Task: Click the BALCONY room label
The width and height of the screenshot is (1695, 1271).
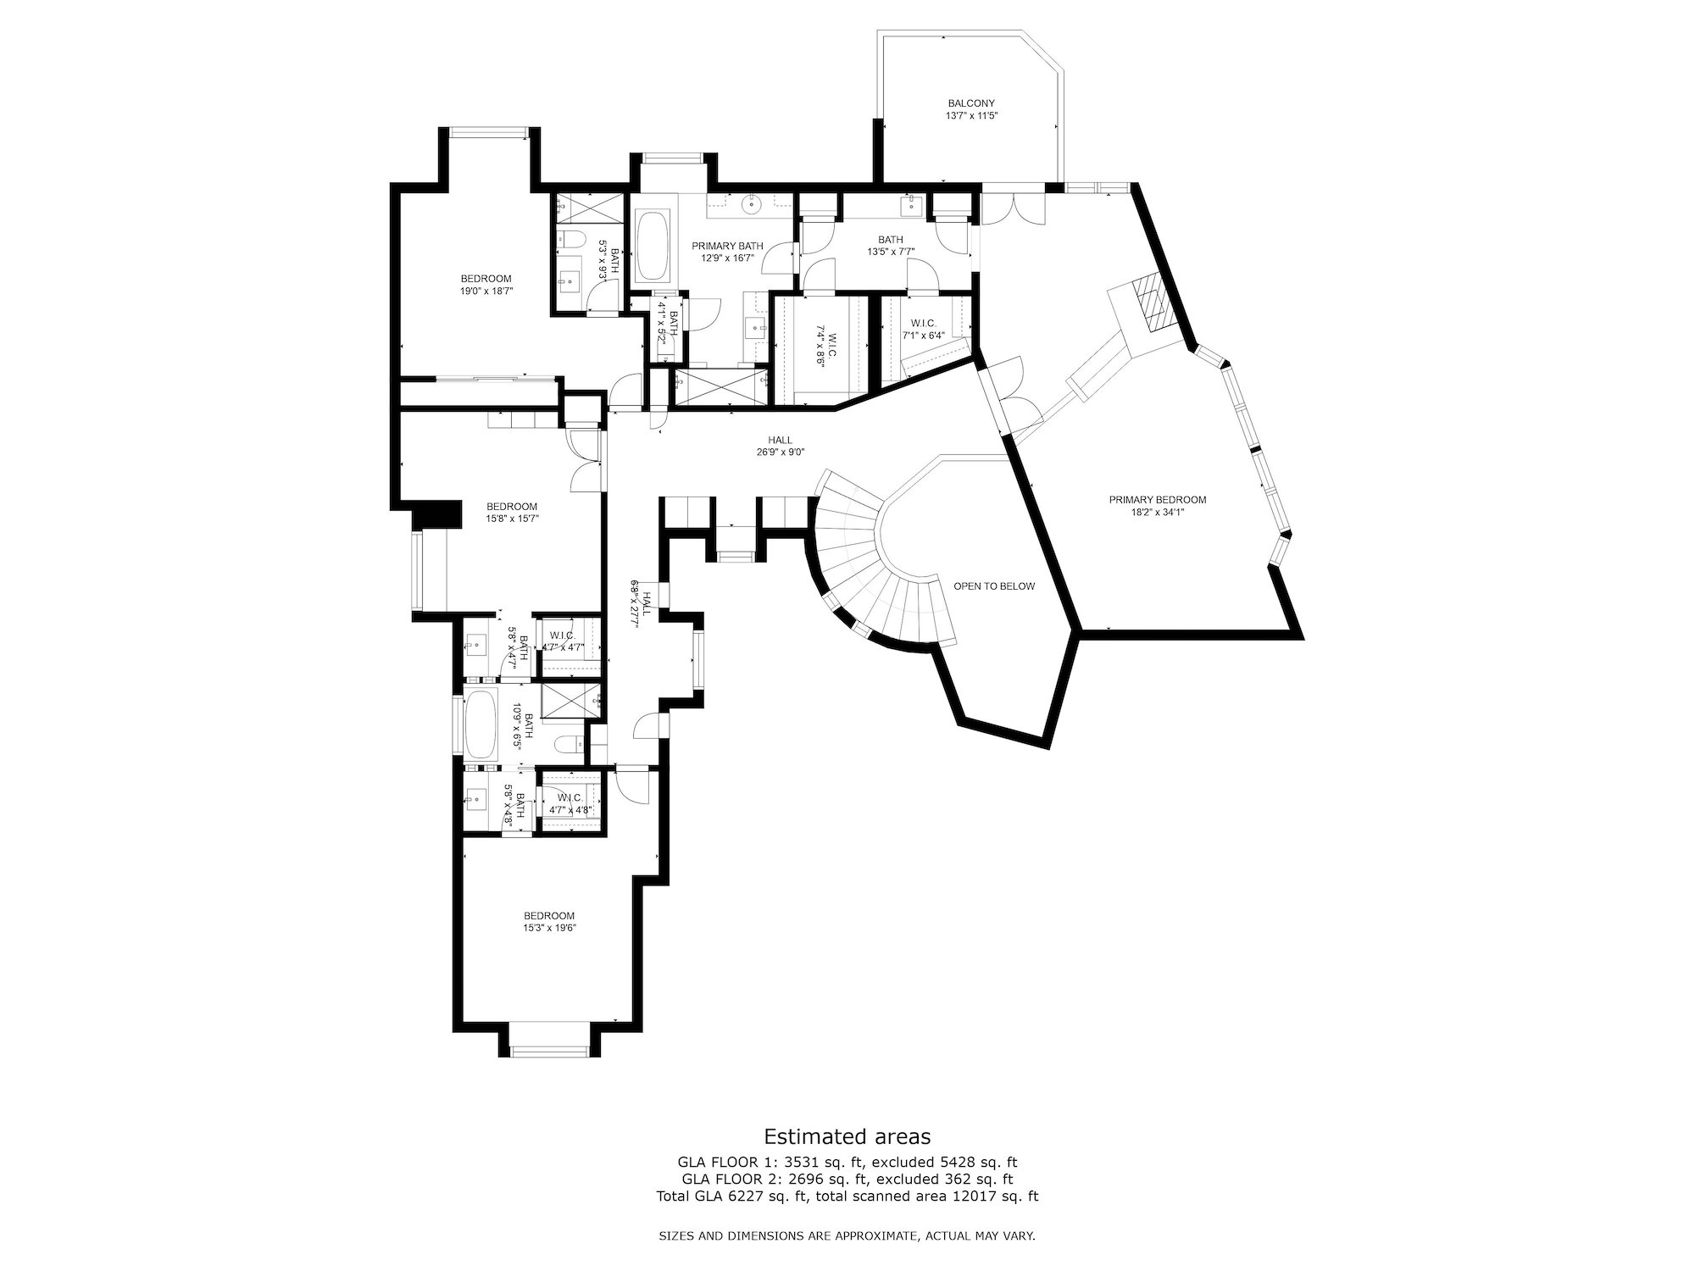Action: tap(971, 103)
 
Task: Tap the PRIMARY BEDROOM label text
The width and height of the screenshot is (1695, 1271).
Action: tap(1158, 500)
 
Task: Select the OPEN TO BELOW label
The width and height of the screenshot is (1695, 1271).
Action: tap(994, 586)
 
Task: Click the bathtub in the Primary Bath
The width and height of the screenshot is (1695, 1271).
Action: tap(653, 247)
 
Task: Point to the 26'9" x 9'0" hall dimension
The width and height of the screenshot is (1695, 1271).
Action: tap(781, 452)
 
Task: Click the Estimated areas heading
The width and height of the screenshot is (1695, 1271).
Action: tap(847, 1136)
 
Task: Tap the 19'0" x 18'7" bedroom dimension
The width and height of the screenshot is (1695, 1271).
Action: tap(486, 291)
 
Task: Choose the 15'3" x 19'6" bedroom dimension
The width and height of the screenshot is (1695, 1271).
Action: tap(549, 928)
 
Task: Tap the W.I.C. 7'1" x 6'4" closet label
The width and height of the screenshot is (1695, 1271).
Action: tap(923, 329)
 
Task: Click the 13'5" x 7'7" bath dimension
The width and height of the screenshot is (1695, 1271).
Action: tap(891, 251)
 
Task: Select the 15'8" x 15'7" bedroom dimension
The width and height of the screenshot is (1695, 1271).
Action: tap(513, 518)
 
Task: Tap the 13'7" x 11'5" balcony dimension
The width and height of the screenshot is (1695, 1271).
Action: tap(971, 115)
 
